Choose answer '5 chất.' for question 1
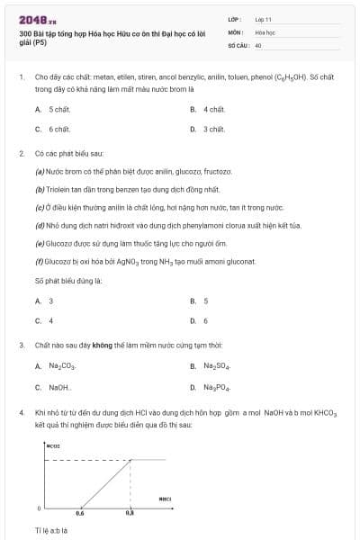pos(59,109)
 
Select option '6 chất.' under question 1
pos(59,129)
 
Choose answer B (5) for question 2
pos(206,301)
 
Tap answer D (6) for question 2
pos(206,320)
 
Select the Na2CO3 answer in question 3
pos(62,366)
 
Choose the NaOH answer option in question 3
pos(59,387)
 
